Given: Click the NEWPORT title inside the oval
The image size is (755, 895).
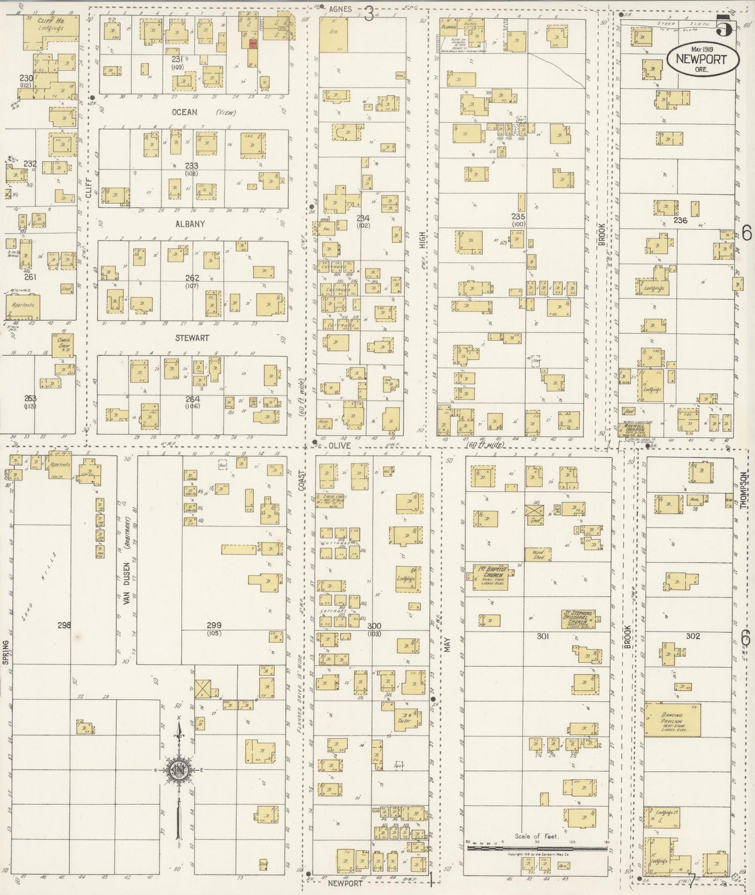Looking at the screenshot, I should [x=701, y=58].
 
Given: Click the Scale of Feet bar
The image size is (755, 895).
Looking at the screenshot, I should [x=537, y=849].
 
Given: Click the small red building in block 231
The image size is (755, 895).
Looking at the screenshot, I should [x=252, y=44].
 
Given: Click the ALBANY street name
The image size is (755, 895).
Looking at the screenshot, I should [x=190, y=224].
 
